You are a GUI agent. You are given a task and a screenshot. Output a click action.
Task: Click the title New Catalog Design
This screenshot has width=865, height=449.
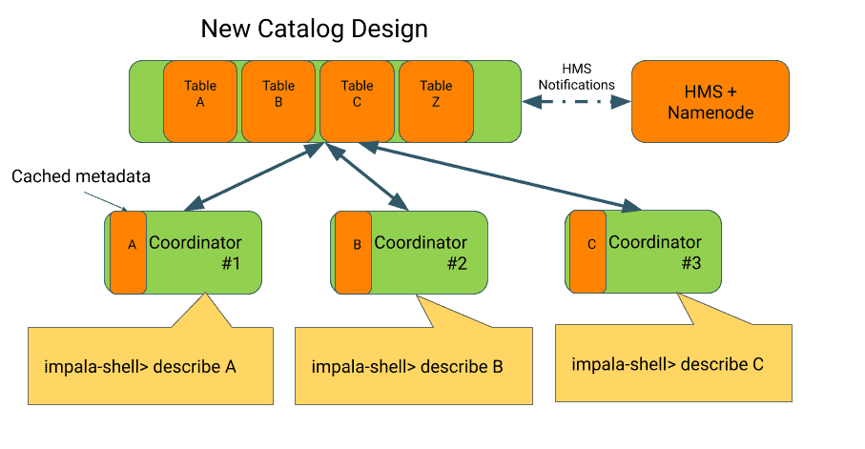pos(314,29)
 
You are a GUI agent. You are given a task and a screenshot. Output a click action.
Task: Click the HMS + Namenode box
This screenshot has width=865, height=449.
pos(711,102)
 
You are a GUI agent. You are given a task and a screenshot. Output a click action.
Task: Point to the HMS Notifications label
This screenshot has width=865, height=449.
pos(576,77)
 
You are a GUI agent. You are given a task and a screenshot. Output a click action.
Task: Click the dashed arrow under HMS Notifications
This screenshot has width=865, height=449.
pos(577,100)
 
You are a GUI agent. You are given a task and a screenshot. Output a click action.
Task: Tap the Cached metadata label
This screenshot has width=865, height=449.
pos(81,177)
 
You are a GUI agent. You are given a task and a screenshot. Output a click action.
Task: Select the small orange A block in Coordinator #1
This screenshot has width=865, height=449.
pos(129,252)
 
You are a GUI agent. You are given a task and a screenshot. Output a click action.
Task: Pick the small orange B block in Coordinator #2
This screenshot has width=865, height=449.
pos(354,252)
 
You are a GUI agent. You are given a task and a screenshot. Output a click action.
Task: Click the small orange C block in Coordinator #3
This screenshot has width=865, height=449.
pos(588,252)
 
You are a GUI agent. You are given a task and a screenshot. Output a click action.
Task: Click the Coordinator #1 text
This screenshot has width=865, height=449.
pos(196,252)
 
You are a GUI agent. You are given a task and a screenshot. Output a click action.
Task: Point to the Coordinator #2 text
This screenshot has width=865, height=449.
pos(422,252)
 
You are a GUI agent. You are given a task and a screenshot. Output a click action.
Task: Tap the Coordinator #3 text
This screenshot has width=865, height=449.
pos(656,252)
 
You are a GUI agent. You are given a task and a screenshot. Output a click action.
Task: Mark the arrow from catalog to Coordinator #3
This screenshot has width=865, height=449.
pos(496,175)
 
